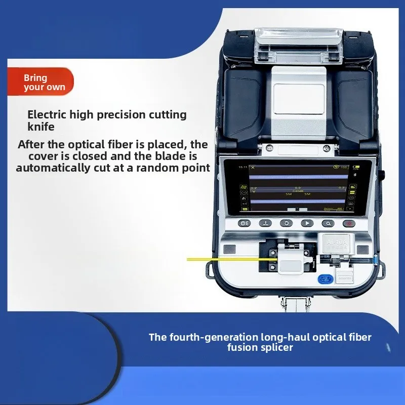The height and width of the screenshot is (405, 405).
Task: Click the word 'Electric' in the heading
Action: tap(45, 115)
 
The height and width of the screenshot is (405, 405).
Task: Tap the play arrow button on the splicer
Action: tap(307, 223)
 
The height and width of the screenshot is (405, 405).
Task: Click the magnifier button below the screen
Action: tap(328, 223)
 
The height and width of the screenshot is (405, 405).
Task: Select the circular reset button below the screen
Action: tap(286, 223)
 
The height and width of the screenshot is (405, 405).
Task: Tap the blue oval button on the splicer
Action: tap(323, 279)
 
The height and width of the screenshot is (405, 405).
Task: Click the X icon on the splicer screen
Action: tap(253, 167)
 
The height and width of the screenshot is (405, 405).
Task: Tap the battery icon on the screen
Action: tap(356, 167)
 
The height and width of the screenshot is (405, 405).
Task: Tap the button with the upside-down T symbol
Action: tap(265, 223)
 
